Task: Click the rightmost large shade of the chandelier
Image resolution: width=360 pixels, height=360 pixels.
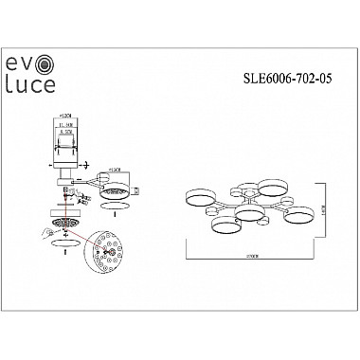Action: pyautogui.click(x=297, y=215)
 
